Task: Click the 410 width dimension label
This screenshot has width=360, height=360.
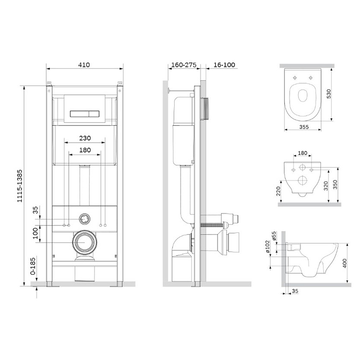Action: (x=84, y=65)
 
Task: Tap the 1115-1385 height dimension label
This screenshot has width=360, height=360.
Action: (x=20, y=186)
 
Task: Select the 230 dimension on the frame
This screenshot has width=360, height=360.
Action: (x=85, y=138)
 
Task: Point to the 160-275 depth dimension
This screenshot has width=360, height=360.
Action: (x=184, y=65)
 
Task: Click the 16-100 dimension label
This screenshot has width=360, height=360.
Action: (x=224, y=65)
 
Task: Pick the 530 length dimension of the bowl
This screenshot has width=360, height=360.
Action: (x=329, y=94)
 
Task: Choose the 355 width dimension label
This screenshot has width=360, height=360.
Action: (x=304, y=127)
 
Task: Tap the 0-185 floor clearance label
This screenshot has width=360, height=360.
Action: (x=33, y=266)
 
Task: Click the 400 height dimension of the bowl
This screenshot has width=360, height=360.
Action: (x=345, y=263)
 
